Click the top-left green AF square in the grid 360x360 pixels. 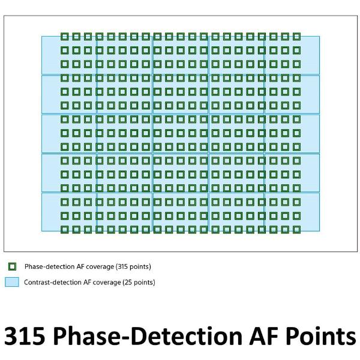pyautogui.click(x=61, y=37)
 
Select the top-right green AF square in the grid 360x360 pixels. pyautogui.click(x=293, y=37)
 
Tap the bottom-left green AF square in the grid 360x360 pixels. pyautogui.click(x=61, y=230)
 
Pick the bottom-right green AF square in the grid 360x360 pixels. pyautogui.click(x=293, y=230)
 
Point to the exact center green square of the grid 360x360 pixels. pyautogui.click(x=178, y=133)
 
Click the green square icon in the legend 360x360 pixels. pyautogui.click(x=9, y=266)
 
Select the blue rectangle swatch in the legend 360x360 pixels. pyautogui.click(x=12, y=282)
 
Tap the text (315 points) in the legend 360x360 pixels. pyautogui.click(x=133, y=266)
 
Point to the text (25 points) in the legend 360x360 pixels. pyautogui.click(x=139, y=282)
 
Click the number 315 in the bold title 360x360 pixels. pyautogui.click(x=25, y=336)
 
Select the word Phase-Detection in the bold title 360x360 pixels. pyautogui.click(x=148, y=336)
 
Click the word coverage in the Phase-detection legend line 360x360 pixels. pyautogui.click(x=100, y=267)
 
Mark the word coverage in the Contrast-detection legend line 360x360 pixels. pyautogui.click(x=106, y=283)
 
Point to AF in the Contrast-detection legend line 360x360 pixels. pyautogui.click(x=87, y=282)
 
